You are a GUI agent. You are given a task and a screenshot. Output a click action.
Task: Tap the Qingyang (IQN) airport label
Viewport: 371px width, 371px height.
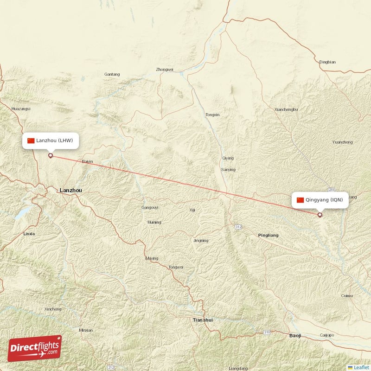[320, 200]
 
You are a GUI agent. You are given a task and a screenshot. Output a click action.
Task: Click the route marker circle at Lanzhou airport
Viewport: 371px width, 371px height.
[51, 155]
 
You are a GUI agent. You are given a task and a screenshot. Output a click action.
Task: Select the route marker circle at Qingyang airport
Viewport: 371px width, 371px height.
[320, 215]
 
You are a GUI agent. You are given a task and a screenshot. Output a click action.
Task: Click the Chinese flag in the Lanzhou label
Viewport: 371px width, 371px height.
[31, 141]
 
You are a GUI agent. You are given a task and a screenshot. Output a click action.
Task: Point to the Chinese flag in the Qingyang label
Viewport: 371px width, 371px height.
[300, 200]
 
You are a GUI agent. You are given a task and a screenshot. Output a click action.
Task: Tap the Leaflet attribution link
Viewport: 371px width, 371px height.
[360, 367]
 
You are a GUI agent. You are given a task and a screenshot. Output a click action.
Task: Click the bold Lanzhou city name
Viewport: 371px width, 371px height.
[70, 190]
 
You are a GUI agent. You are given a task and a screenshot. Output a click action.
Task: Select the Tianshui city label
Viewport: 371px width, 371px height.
[203, 320]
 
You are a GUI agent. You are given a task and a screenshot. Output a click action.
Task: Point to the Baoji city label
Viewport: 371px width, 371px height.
[295, 335]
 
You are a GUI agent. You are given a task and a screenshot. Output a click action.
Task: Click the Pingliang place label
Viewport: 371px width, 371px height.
[269, 236]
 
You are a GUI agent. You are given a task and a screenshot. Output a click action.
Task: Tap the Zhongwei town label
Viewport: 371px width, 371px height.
[165, 70]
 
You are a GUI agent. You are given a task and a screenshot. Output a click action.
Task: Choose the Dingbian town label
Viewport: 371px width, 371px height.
[327, 62]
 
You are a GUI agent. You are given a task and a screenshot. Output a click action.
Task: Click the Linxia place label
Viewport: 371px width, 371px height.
[29, 234]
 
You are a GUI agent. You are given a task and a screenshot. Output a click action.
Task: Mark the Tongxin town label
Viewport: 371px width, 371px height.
[212, 115]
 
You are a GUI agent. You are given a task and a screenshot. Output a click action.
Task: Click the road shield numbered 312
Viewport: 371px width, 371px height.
[238, 227]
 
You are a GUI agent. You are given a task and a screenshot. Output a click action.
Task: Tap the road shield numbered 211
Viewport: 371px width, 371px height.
[331, 190]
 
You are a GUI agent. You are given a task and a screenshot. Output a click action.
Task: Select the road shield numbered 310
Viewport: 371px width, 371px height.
[267, 333]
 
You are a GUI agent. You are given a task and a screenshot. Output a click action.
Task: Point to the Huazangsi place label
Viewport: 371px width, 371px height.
[21, 109]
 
